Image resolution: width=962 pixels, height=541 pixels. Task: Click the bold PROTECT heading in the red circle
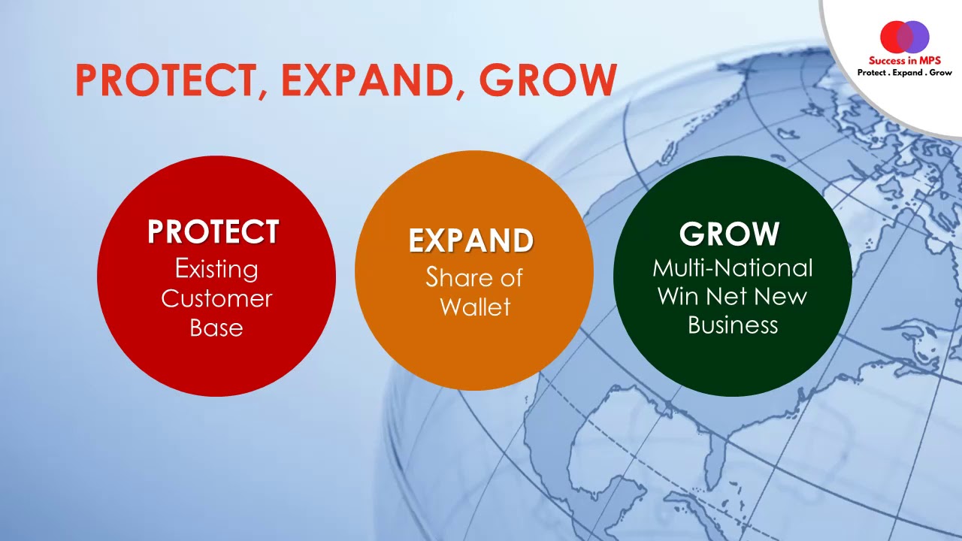point(213,232)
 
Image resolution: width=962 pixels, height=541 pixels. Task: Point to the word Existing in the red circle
point(216,268)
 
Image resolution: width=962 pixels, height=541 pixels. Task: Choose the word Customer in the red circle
point(216,298)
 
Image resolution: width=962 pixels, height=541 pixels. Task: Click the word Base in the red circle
point(216,328)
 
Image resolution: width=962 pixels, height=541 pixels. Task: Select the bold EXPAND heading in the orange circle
point(471,240)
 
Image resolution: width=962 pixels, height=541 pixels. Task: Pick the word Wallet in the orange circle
point(475,307)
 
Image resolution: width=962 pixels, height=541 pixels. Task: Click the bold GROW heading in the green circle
point(729,234)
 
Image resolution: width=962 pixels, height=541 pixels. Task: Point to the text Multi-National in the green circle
point(733,267)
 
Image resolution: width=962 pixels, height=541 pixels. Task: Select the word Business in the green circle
point(733,325)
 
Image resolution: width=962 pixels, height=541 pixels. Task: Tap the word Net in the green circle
point(727,296)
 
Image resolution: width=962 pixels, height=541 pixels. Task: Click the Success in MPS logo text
point(905,61)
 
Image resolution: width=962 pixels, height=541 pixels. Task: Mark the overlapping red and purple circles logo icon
point(905,36)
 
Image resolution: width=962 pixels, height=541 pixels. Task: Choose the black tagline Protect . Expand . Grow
point(905,73)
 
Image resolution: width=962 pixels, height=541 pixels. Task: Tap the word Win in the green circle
point(678,296)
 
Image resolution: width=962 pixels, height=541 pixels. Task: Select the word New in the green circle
point(780,296)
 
